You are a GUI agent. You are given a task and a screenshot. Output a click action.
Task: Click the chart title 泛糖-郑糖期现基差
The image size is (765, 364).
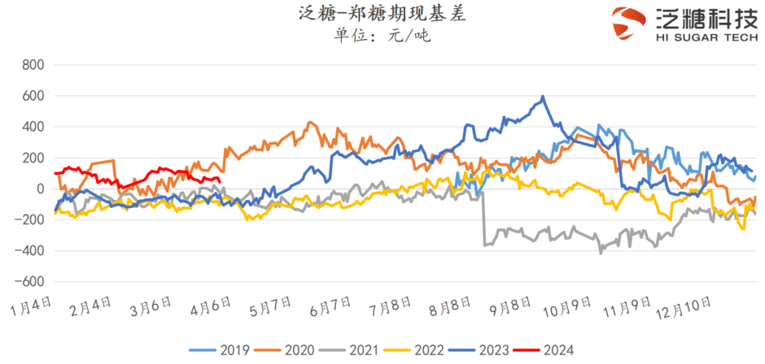point(382,14)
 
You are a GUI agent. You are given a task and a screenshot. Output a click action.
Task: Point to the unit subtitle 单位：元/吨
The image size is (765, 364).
point(382,36)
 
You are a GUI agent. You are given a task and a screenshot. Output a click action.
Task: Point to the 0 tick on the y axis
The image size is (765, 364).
point(38,189)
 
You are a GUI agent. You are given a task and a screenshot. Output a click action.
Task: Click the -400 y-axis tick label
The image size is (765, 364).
point(29,251)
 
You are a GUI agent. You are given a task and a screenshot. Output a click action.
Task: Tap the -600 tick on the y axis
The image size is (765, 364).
point(29,282)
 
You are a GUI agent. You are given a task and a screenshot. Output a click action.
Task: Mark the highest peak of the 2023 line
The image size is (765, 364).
point(543,97)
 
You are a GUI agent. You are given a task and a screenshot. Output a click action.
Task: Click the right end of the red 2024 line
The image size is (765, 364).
point(221,180)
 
